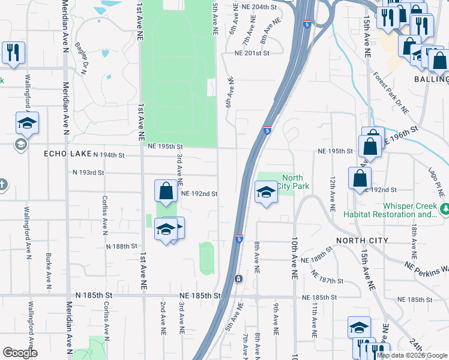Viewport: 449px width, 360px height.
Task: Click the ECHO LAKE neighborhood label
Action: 67,154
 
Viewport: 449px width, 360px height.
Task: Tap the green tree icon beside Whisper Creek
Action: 444,209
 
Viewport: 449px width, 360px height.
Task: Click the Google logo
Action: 20,353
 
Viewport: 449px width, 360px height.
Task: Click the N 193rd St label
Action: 88,172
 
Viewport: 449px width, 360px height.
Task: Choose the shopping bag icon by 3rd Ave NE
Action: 166,191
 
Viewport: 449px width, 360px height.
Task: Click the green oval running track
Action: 206,259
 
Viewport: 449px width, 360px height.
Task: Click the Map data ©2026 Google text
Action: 412,355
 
